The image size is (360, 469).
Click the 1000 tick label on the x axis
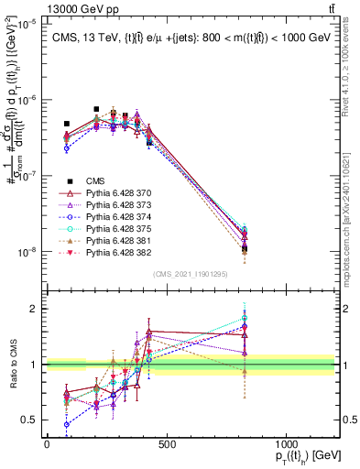coord(286,445)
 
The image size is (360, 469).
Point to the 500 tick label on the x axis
coord(166,445)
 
